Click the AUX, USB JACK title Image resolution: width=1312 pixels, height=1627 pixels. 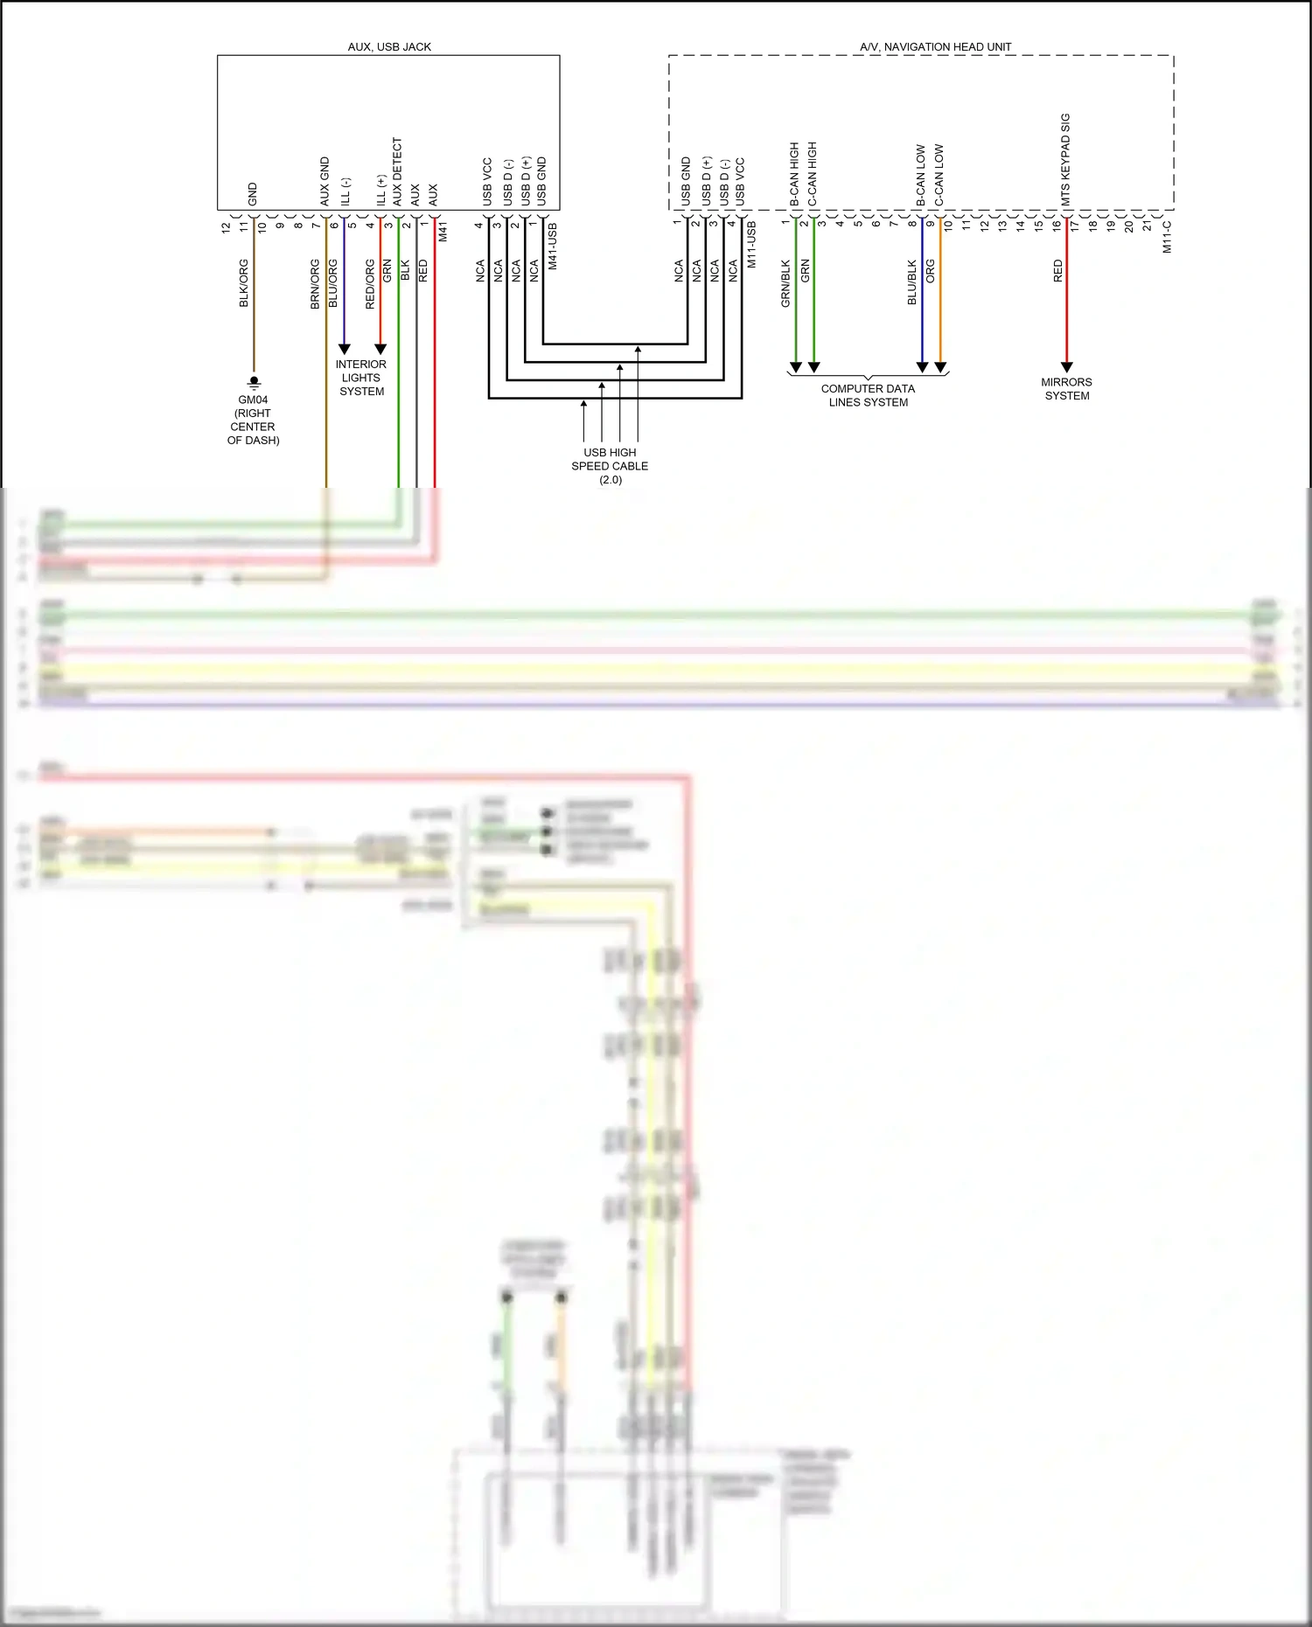(x=389, y=46)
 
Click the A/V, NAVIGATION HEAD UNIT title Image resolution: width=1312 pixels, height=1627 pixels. (x=935, y=46)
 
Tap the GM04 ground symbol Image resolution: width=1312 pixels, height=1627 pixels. (x=254, y=382)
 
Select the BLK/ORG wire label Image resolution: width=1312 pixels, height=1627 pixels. (x=244, y=283)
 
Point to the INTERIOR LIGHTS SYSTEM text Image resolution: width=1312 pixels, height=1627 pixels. (x=361, y=378)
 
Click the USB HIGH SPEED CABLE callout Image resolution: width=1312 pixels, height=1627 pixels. (x=610, y=465)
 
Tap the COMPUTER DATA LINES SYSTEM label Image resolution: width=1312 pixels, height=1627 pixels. (x=868, y=395)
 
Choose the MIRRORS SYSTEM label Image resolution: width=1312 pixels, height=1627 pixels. (x=1066, y=388)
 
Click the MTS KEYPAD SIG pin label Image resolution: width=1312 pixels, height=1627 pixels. (x=1065, y=159)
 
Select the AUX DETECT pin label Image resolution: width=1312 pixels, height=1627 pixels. (x=397, y=171)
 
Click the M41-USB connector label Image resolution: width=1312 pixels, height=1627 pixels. (x=552, y=246)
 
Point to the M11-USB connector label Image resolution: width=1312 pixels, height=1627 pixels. (x=750, y=244)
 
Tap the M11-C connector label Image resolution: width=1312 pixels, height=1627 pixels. (x=1167, y=236)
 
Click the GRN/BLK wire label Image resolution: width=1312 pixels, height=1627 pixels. (x=785, y=283)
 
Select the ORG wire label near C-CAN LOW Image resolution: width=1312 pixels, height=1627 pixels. (x=931, y=271)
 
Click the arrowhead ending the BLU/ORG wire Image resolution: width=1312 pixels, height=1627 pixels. (x=345, y=349)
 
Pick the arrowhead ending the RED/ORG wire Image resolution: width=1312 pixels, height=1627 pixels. (x=380, y=349)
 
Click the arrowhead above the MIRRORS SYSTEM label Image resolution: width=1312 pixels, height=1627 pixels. (x=1066, y=367)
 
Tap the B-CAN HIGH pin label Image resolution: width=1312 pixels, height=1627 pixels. (x=794, y=174)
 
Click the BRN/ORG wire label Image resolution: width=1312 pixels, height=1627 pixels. (x=315, y=283)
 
